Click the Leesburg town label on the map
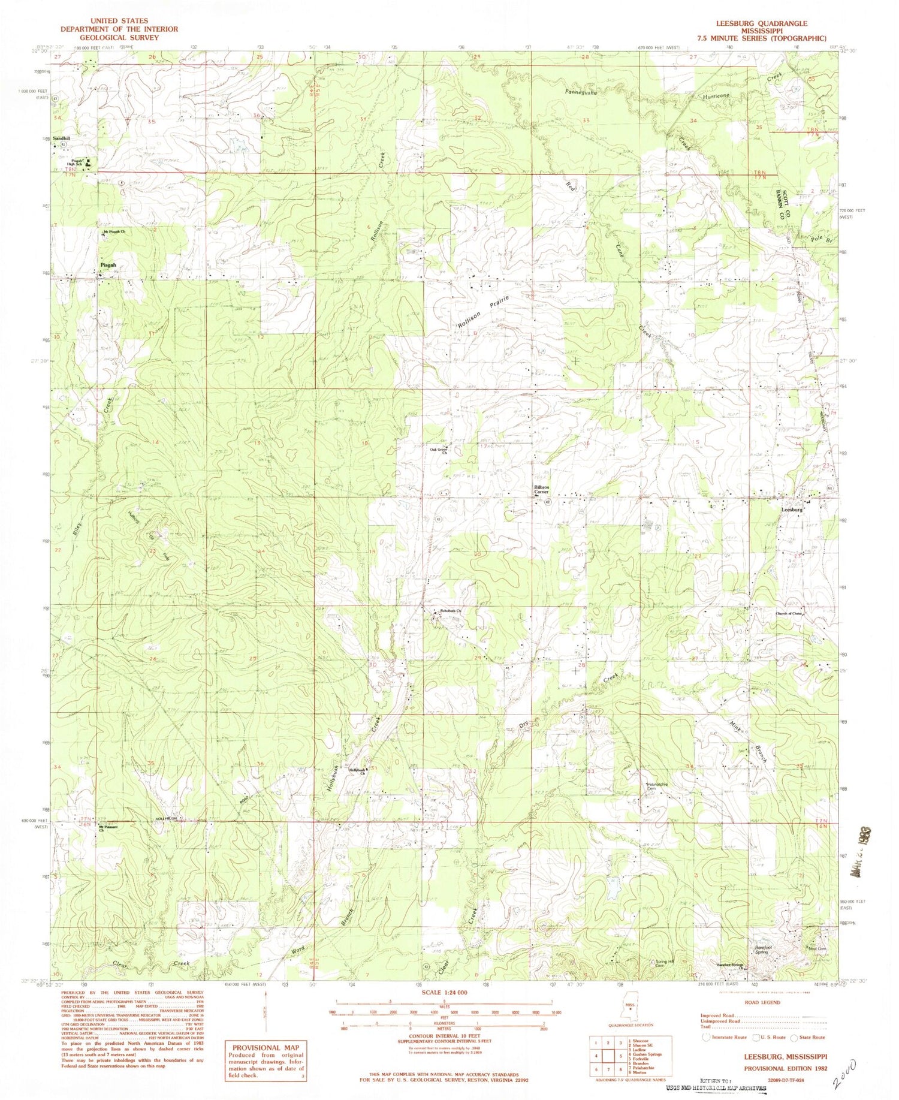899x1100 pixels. [x=792, y=510]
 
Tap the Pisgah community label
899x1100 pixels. [x=108, y=265]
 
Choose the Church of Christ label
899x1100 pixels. [x=788, y=614]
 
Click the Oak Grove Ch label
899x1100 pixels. [x=438, y=451]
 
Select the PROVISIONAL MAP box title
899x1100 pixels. [x=265, y=1047]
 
